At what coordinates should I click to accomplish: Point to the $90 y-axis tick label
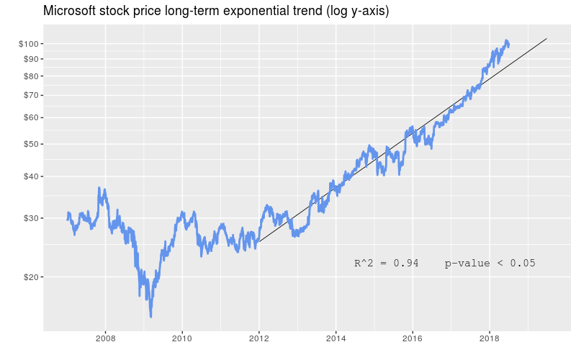pyautogui.click(x=30, y=58)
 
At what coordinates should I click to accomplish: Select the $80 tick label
pyautogui.click(x=30, y=76)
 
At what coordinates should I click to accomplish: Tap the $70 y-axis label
pyautogui.click(x=30, y=94)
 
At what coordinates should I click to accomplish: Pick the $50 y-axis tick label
pyautogui.click(x=30, y=143)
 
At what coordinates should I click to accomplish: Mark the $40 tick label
pyautogui.click(x=30, y=176)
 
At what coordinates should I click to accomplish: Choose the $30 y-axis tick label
pyautogui.click(x=30, y=217)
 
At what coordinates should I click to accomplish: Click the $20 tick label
pyautogui.click(x=30, y=276)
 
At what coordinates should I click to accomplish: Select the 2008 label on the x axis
pyautogui.click(x=105, y=338)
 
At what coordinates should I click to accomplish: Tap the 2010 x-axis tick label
pyautogui.click(x=182, y=338)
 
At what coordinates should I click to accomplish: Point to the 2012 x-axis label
pyautogui.click(x=258, y=338)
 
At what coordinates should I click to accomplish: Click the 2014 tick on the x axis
pyautogui.click(x=336, y=338)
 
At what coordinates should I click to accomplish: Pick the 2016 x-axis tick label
pyautogui.click(x=413, y=338)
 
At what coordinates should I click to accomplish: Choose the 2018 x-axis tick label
pyautogui.click(x=489, y=338)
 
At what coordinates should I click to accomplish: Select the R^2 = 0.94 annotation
pyautogui.click(x=386, y=264)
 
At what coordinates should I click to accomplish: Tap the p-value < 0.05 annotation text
pyautogui.click(x=490, y=264)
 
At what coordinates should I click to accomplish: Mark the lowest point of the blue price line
pyautogui.click(x=150, y=316)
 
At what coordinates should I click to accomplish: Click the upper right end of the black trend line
pyautogui.click(x=547, y=38)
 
